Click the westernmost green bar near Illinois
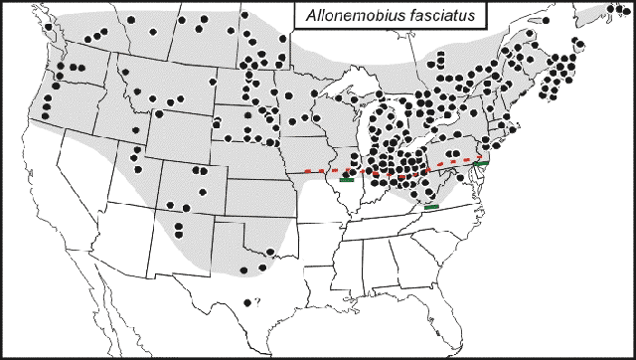pos(346,181)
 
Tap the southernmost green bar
pos(431,206)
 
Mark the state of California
pos(55,189)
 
